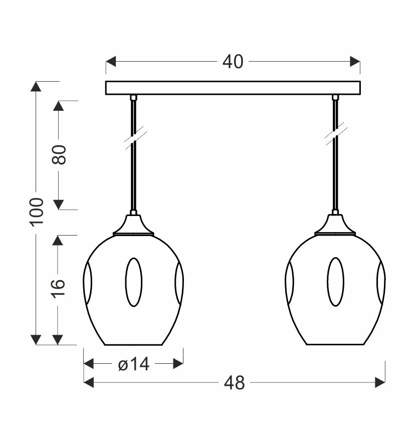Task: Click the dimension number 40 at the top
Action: (x=233, y=62)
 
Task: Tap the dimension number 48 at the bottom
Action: (x=234, y=383)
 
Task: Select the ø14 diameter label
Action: (x=133, y=364)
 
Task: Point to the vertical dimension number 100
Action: (x=37, y=212)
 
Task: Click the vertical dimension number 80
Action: (x=59, y=155)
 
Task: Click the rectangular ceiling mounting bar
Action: (x=233, y=88)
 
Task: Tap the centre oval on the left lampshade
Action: (x=134, y=282)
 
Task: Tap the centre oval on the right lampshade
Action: (x=335, y=282)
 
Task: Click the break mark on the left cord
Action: (x=135, y=138)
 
